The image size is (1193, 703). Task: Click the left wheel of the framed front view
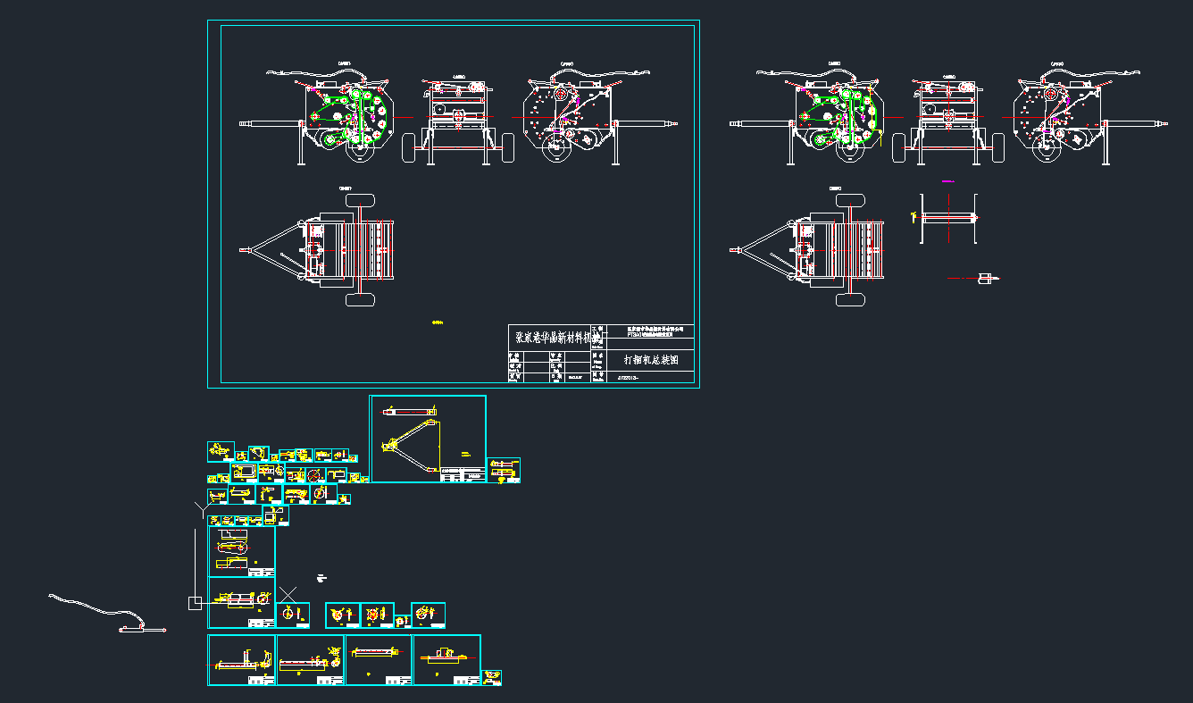412,148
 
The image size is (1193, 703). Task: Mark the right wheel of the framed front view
505,148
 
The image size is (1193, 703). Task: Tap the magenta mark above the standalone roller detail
947,181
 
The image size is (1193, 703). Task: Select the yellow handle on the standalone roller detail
913,216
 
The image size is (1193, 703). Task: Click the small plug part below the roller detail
985,279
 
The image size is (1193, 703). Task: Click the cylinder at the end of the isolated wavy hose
134,631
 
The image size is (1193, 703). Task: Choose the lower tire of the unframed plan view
850,299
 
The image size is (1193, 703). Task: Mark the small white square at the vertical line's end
195,604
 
